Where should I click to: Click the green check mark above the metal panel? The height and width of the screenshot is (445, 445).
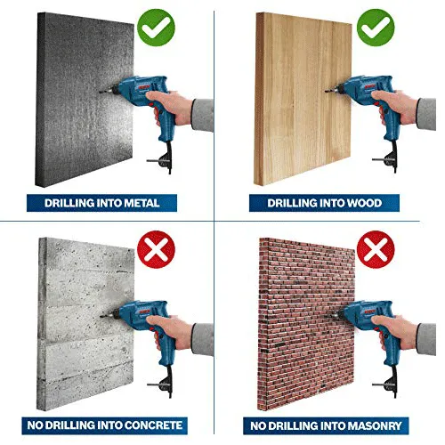(x=157, y=28)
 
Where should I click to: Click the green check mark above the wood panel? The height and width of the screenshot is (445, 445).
(x=376, y=28)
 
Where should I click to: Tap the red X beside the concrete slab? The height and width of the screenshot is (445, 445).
(x=157, y=249)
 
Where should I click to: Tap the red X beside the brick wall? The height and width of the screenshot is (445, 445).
(x=376, y=249)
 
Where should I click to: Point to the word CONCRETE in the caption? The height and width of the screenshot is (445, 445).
(x=153, y=425)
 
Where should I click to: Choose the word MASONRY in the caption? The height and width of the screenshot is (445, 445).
(x=375, y=426)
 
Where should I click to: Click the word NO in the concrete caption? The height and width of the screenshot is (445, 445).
(x=35, y=425)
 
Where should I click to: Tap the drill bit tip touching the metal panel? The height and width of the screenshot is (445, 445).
(x=100, y=93)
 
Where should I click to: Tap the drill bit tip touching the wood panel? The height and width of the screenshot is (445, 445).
(x=326, y=91)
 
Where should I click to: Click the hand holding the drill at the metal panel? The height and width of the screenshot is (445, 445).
(x=170, y=107)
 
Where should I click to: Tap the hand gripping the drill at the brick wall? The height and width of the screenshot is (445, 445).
(x=395, y=331)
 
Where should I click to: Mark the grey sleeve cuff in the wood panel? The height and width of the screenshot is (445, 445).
(x=426, y=114)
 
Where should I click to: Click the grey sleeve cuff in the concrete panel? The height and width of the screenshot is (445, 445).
(x=203, y=339)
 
